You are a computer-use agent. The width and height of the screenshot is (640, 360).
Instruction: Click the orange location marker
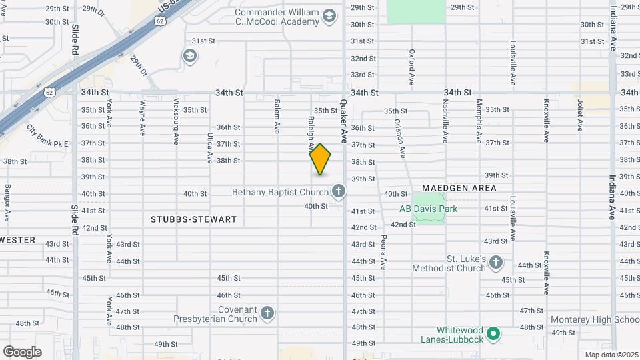(x=321, y=159)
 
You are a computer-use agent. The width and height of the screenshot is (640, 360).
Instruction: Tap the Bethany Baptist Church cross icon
(x=339, y=193)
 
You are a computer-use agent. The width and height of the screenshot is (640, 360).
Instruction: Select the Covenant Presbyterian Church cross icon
(x=267, y=313)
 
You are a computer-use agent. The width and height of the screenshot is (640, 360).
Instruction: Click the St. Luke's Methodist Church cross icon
(x=496, y=263)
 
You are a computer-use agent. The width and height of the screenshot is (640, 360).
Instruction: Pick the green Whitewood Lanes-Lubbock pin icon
(x=493, y=333)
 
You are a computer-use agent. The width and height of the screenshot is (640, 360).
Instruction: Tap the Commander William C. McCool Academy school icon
(x=329, y=16)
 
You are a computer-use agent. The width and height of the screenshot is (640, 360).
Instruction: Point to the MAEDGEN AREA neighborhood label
(x=459, y=188)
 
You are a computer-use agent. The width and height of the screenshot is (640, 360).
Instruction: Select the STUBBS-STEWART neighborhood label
(x=194, y=219)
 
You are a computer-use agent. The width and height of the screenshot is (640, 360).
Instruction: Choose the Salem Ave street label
(x=277, y=117)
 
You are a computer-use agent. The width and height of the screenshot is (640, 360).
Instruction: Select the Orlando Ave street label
(x=400, y=138)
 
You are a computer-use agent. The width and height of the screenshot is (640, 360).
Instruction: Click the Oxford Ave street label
(x=412, y=67)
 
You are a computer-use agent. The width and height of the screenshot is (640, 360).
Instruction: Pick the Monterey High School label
(x=596, y=319)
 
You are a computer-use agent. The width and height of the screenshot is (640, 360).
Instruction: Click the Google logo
(x=22, y=351)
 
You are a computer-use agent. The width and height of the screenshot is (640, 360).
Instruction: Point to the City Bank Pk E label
(x=48, y=135)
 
